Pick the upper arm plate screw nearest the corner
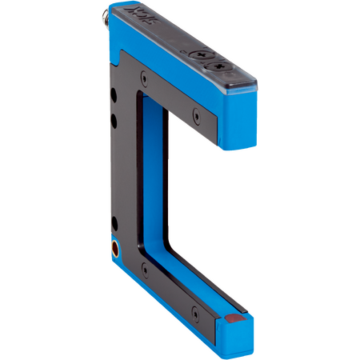(142, 78)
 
